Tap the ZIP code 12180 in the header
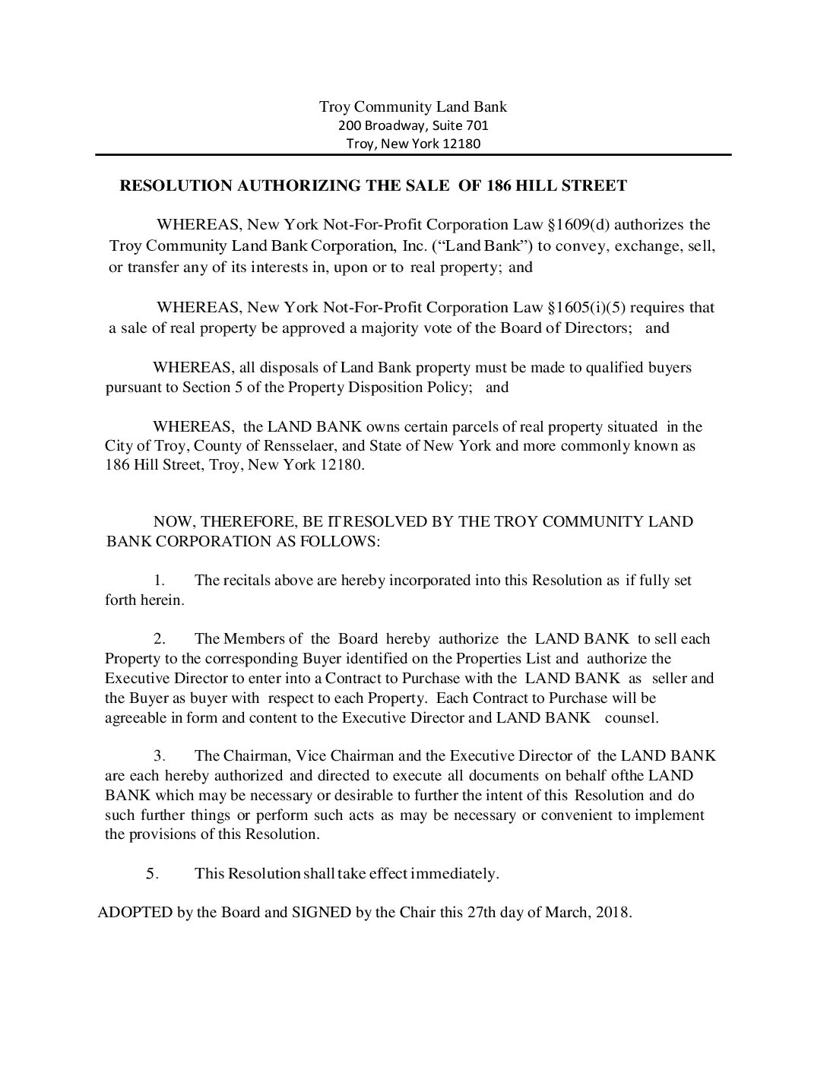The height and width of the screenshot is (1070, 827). tap(461, 144)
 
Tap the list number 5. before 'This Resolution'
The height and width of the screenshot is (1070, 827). tap(152, 874)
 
